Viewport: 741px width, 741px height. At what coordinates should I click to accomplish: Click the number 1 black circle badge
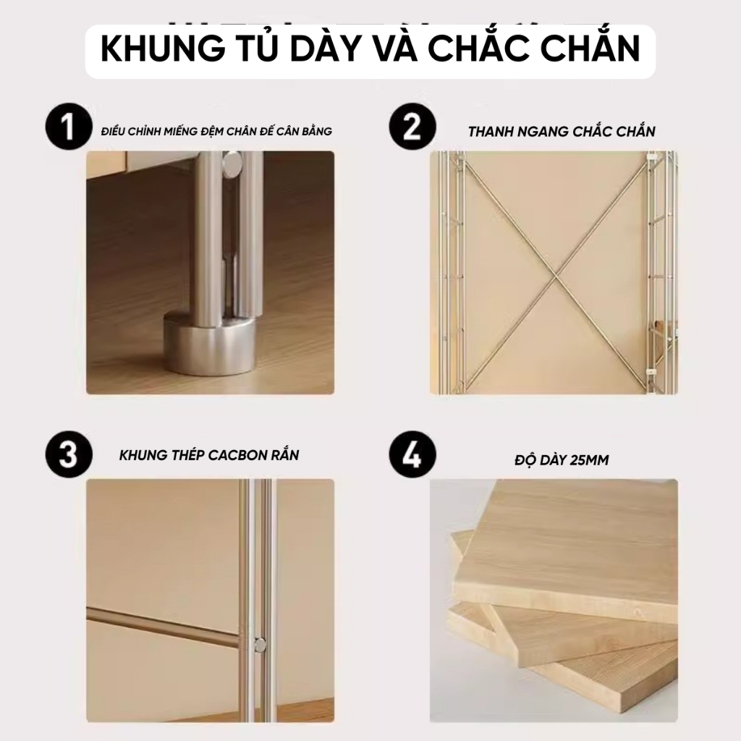click(x=68, y=130)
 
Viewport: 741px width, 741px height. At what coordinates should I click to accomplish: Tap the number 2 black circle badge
click(x=412, y=130)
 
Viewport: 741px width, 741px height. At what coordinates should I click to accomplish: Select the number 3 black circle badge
click(x=68, y=456)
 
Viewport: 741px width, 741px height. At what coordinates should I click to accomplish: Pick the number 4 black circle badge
click(x=412, y=456)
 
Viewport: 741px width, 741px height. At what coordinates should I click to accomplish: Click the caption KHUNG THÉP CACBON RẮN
click(x=209, y=456)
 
